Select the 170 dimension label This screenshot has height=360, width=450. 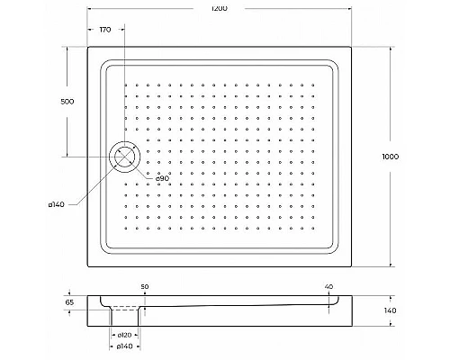pos(104,31)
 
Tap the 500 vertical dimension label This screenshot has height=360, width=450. pos(67,102)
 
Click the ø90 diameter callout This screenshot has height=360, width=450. pos(163,178)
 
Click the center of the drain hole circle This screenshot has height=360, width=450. pos(124,157)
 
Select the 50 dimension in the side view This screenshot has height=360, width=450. pos(145,286)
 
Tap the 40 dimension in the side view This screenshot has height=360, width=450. pos(328,286)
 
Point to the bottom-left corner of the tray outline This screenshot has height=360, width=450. pos(88,266)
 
